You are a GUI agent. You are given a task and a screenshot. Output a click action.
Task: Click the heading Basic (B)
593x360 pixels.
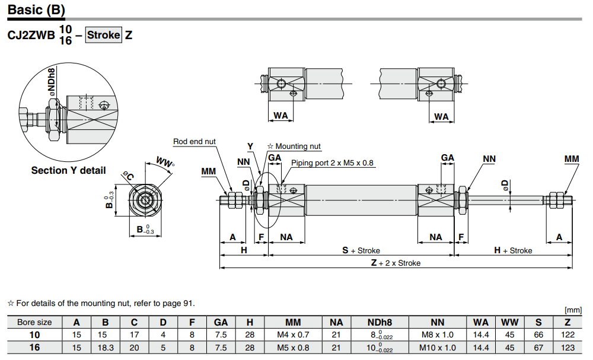pyautogui.click(x=36, y=10)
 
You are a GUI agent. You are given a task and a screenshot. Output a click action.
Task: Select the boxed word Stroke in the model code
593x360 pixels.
pyautogui.click(x=104, y=34)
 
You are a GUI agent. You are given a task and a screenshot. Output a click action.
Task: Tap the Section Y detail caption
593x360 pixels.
pyautogui.click(x=68, y=170)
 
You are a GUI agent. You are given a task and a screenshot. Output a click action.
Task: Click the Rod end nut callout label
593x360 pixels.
pyautogui.click(x=195, y=142)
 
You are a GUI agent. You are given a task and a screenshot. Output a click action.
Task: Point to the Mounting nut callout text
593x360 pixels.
pyautogui.click(x=294, y=146)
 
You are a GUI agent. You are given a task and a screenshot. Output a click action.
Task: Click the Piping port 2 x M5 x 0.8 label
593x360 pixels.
pyautogui.click(x=332, y=163)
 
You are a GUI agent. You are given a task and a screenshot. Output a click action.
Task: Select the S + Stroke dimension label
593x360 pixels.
pyautogui.click(x=361, y=250)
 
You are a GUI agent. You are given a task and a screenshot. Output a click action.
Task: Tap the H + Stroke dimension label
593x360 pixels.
pyautogui.click(x=513, y=250)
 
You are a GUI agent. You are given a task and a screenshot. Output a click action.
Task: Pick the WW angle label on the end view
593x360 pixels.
pyautogui.click(x=164, y=162)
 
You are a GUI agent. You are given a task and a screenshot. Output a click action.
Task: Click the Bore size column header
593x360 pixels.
pyautogui.click(x=35, y=322)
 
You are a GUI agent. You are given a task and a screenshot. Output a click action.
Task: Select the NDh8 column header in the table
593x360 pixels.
pyautogui.click(x=380, y=322)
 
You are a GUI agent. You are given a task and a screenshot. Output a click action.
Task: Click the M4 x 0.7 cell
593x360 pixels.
pyautogui.click(x=293, y=334)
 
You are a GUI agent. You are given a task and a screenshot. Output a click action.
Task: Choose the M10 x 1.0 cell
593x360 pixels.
pyautogui.click(x=437, y=348)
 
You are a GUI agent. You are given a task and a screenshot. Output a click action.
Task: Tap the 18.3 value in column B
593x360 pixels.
pyautogui.click(x=105, y=348)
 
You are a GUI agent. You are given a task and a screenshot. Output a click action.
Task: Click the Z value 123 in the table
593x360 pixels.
pyautogui.click(x=568, y=348)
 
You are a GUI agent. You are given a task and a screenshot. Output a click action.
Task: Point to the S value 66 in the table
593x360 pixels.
pyautogui.click(x=538, y=334)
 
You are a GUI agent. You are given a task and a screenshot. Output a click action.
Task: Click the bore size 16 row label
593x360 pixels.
pyautogui.click(x=35, y=348)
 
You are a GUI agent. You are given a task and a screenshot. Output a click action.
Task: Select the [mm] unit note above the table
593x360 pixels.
pyautogui.click(x=573, y=310)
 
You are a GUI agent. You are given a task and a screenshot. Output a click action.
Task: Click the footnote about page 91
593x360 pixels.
pyautogui.click(x=101, y=303)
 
